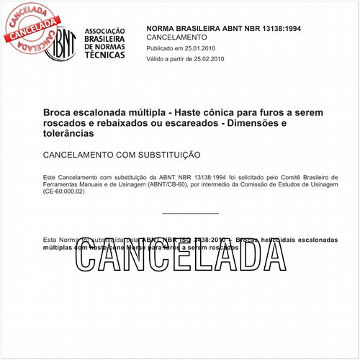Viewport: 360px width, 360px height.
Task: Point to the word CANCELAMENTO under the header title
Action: (176, 37)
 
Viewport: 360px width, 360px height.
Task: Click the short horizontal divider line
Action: (191, 213)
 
